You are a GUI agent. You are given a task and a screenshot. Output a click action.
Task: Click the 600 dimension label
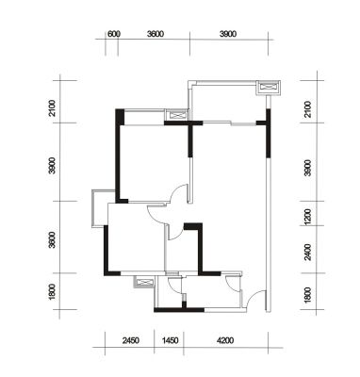(114, 34)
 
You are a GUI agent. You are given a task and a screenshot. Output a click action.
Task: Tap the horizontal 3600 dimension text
(155, 34)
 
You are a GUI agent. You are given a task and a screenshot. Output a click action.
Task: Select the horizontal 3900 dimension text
(228, 34)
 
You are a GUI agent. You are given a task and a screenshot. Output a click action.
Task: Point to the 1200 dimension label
(308, 217)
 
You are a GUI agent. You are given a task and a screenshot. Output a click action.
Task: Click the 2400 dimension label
(308, 253)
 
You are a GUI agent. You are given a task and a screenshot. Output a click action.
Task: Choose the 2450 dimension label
(131, 340)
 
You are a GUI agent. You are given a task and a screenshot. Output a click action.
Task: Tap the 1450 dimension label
(170, 340)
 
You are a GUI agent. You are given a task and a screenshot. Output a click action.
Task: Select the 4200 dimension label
(225, 340)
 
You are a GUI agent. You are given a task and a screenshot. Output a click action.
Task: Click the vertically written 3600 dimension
(52, 240)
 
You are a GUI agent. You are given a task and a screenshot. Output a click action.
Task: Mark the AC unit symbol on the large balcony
(268, 87)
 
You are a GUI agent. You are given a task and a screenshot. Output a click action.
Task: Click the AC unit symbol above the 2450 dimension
(144, 282)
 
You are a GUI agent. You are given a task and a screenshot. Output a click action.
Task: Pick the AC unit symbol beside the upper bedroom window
(177, 114)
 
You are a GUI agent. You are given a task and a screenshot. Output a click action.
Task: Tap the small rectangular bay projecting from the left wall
(100, 208)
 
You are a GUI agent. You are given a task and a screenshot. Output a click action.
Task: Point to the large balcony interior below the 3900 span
(228, 102)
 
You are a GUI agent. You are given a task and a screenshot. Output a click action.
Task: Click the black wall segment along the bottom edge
(179, 310)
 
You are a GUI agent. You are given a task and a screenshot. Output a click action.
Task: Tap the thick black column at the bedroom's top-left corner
(120, 117)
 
